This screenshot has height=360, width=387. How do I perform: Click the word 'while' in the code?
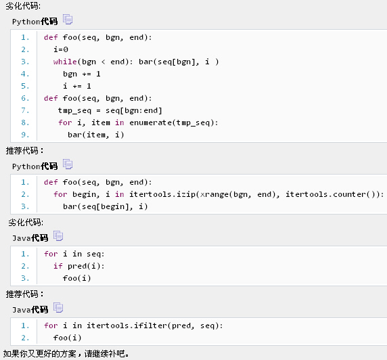[65, 62]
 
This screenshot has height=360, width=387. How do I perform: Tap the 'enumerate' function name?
[151, 122]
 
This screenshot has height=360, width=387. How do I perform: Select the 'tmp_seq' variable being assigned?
[74, 111]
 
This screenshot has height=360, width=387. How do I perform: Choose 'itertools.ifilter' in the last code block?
[127, 325]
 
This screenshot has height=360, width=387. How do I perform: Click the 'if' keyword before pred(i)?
[58, 266]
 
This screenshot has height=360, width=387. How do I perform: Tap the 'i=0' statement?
[61, 49]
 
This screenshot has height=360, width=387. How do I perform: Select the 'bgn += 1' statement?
[82, 74]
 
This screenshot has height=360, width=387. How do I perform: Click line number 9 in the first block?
[25, 135]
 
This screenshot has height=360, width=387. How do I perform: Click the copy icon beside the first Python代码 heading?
[68, 19]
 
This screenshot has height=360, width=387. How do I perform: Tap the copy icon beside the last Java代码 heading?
[58, 308]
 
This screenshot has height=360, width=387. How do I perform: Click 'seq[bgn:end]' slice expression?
[134, 110]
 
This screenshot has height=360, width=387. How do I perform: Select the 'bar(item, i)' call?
[96, 135]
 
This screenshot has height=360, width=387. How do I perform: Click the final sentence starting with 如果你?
[66, 354]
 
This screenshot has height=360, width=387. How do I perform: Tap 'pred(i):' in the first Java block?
[86, 266]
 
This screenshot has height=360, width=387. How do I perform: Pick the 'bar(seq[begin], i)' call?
[106, 206]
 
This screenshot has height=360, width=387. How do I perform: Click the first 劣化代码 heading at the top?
[23, 5]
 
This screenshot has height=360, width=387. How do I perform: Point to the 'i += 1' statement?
[77, 86]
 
